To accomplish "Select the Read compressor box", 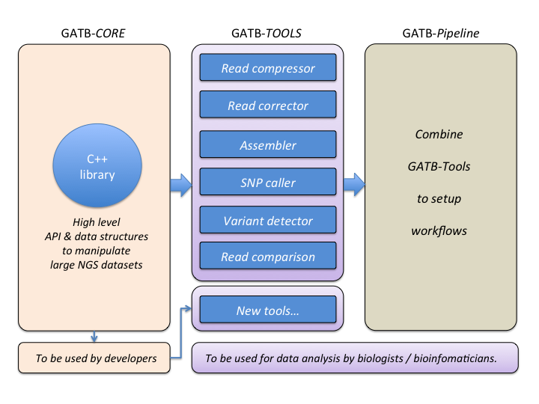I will coord(268,69).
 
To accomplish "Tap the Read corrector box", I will coord(268,105).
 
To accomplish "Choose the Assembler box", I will coord(268,145).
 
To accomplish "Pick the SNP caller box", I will coord(268,183).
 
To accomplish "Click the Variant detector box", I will coord(268,221).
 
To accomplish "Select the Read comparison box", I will coord(268,257).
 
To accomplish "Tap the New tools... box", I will coord(268,310).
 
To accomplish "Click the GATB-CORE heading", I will coord(94,34).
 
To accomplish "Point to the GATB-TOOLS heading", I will coord(267,34).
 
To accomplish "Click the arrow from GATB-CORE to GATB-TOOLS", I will coord(180,184).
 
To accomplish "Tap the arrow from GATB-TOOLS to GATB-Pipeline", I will coord(354,184).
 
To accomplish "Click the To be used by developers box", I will coord(96,358).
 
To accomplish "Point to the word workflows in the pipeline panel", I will coord(439,230).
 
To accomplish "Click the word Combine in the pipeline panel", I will coord(439,135).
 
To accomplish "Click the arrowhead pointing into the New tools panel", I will coord(189,305).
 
